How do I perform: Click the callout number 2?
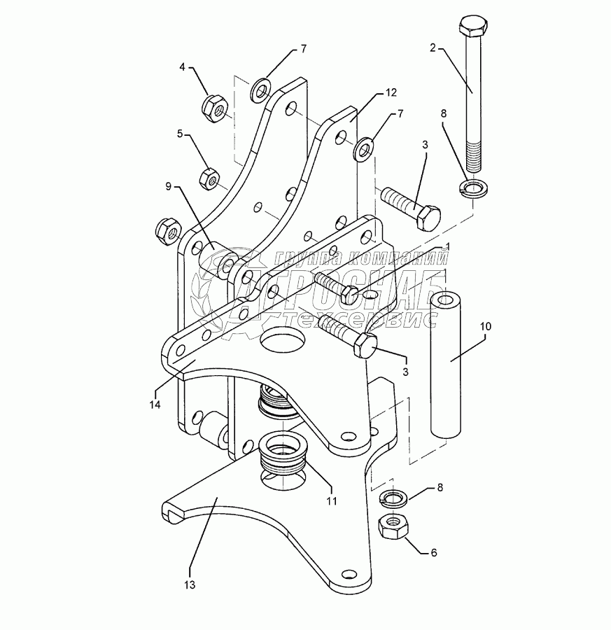pyautogui.click(x=433, y=48)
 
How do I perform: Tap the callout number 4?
pyautogui.click(x=183, y=67)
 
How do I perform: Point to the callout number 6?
pyautogui.click(x=433, y=552)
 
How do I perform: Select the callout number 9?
pyautogui.click(x=168, y=187)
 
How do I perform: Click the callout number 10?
pyautogui.click(x=486, y=325)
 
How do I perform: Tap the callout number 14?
pyautogui.click(x=154, y=405)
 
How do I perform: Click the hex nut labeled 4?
pyautogui.click(x=211, y=108)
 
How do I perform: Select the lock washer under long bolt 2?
pyautogui.click(x=471, y=188)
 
